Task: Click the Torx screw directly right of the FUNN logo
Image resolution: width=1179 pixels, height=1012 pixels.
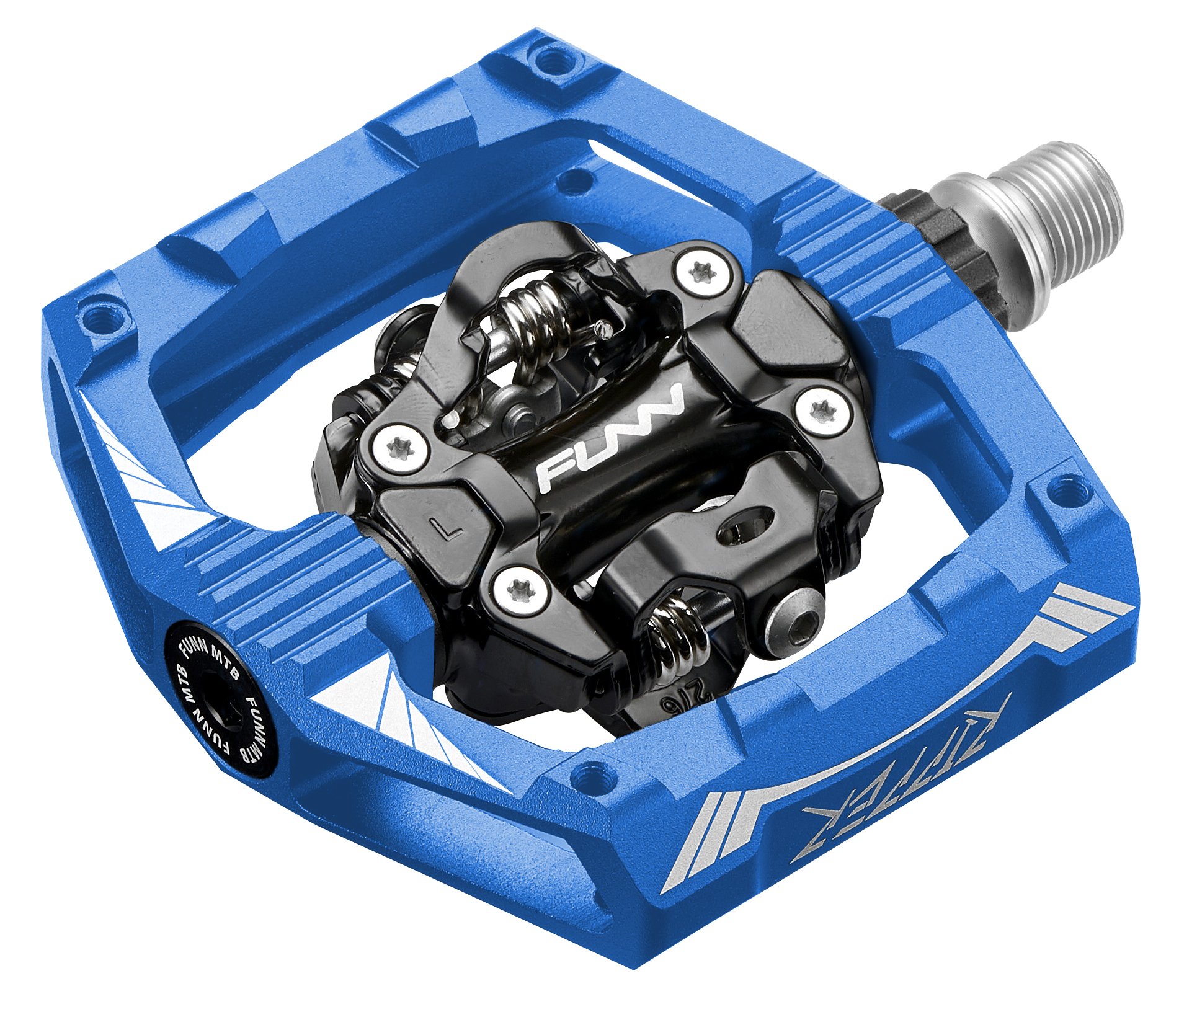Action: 823,410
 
